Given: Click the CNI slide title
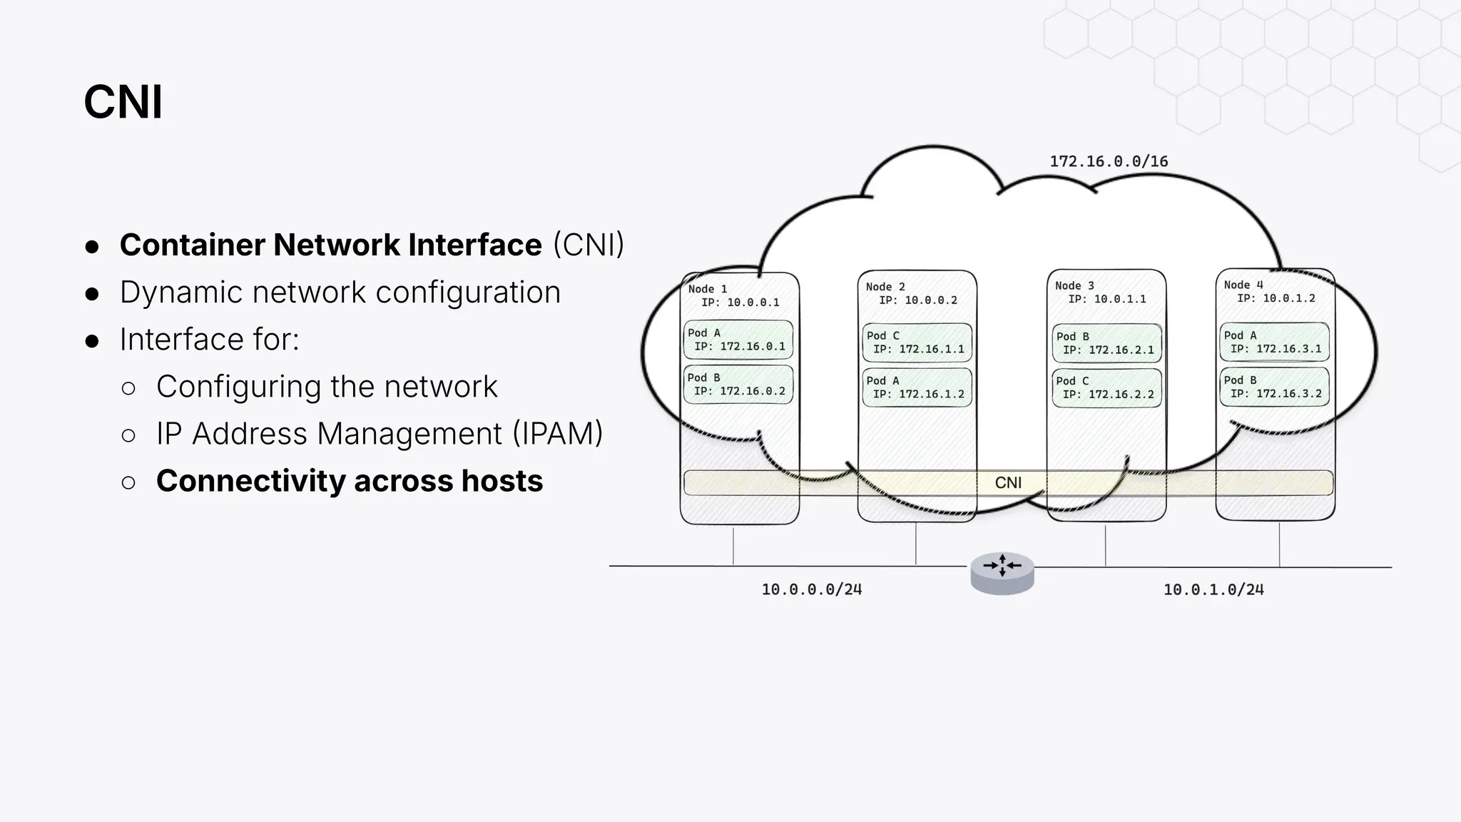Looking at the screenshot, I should (123, 102).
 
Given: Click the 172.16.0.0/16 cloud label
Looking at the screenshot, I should (1109, 161).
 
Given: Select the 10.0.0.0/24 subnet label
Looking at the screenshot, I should (811, 589).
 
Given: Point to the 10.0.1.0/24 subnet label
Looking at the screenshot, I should (1213, 589).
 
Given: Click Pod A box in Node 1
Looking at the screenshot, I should (738, 340).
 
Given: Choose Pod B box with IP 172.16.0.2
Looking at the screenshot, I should (738, 385).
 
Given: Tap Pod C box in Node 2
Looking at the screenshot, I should (917, 342).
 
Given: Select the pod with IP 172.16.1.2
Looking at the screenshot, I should (917, 387).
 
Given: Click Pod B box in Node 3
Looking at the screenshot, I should (1106, 343).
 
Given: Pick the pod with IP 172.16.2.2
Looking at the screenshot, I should (1106, 388).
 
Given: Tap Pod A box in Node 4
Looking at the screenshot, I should (1275, 342).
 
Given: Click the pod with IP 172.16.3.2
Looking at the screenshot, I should (1275, 387).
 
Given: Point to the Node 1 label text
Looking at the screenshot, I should (708, 289).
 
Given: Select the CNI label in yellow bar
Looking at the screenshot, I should (1008, 483).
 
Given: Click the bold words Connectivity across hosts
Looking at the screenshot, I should (350, 481).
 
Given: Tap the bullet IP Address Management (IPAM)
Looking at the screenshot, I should (380, 434).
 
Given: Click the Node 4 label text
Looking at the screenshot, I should (1243, 285).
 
